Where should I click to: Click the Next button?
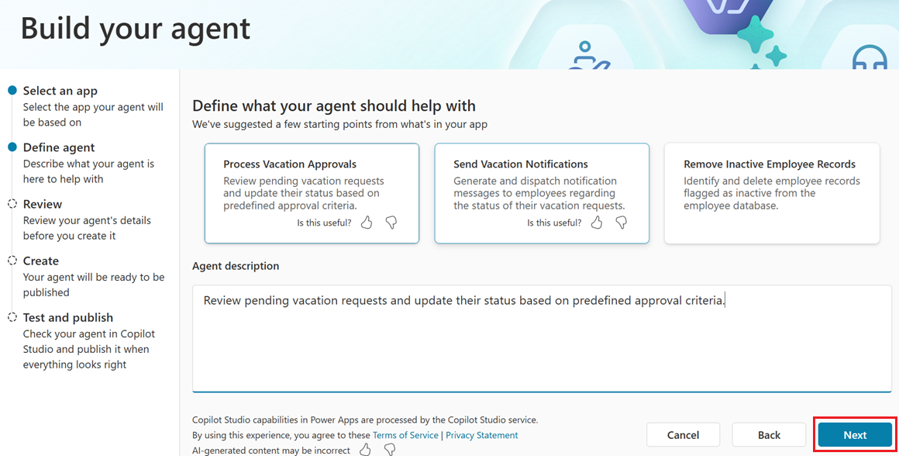pyautogui.click(x=855, y=435)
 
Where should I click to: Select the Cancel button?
pyautogui.click(x=683, y=435)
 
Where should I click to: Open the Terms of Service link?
pyautogui.click(x=405, y=435)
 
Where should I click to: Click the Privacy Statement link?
pyautogui.click(x=481, y=435)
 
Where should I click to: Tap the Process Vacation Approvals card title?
pyautogui.click(x=290, y=164)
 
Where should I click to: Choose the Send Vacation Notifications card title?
pyautogui.click(x=521, y=164)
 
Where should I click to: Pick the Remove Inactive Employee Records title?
pyautogui.click(x=770, y=164)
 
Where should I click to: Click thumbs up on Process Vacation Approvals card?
pyautogui.click(x=367, y=223)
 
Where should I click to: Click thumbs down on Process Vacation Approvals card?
pyautogui.click(x=391, y=223)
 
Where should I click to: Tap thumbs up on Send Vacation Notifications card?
pyautogui.click(x=597, y=223)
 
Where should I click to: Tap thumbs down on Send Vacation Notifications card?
pyautogui.click(x=622, y=223)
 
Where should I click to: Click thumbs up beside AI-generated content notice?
pyautogui.click(x=365, y=450)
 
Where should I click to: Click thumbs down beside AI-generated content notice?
pyautogui.click(x=390, y=450)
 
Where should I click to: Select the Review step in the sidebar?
pyautogui.click(x=43, y=204)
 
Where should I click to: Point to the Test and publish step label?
pyautogui.click(x=68, y=317)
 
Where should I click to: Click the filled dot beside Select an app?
pyautogui.click(x=12, y=91)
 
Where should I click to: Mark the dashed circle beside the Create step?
pyautogui.click(x=12, y=261)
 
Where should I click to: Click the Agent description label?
pyautogui.click(x=236, y=266)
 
